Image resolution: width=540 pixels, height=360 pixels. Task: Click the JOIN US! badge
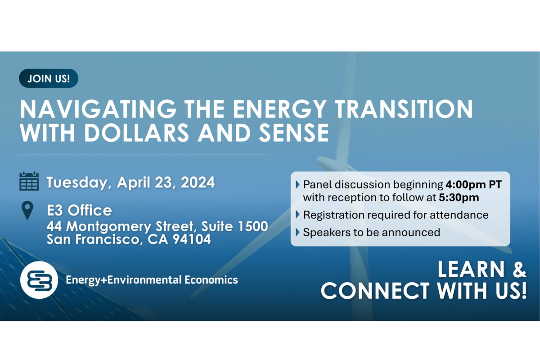click(49, 78)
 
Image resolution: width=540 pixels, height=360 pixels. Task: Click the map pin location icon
click(28, 211)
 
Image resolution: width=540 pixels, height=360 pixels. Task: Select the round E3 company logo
click(39, 280)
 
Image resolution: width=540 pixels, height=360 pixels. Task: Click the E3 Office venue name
click(79, 210)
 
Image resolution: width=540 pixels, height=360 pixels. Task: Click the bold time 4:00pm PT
click(473, 184)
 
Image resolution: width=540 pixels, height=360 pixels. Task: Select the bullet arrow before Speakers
click(298, 233)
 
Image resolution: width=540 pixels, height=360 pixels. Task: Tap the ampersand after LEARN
click(517, 270)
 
